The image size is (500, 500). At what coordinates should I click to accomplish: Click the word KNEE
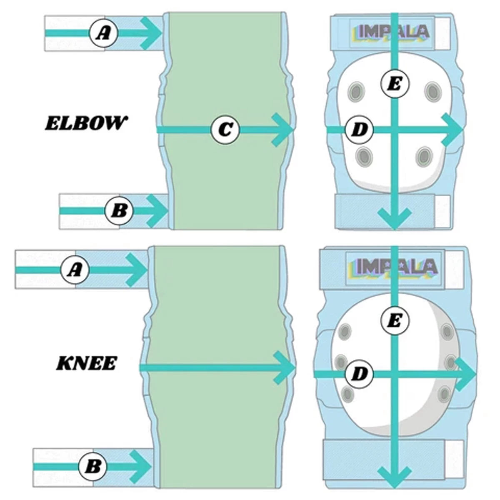click(86, 364)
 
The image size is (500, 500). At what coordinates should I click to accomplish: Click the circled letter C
click(225, 130)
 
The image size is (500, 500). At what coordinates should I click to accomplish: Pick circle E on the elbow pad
click(395, 84)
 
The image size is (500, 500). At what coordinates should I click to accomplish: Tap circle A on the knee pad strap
click(75, 270)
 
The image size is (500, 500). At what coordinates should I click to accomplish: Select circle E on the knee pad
click(395, 321)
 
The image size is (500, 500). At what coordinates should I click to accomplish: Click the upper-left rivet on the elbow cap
click(357, 90)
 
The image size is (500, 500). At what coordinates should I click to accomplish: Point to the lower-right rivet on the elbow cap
click(424, 156)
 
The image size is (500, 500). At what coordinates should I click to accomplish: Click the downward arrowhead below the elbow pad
click(394, 220)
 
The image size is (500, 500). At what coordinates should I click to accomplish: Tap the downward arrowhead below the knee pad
click(394, 477)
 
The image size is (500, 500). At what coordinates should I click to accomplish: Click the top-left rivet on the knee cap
click(344, 331)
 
